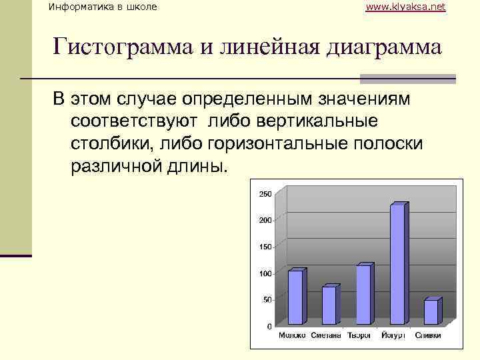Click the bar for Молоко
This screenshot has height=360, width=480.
tap(295, 297)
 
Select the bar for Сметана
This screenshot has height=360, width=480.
tap(329, 305)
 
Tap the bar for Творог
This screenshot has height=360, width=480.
tap(364, 295)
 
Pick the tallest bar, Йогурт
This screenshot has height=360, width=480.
tap(397, 264)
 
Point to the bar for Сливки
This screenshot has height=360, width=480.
tap(431, 312)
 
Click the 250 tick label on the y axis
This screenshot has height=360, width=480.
tap(265, 194)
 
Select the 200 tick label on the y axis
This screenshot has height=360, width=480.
tap(265, 220)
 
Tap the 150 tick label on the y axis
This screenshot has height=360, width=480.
tap(265, 247)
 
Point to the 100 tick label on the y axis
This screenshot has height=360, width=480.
tap(265, 273)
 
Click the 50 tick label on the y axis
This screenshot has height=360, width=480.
tap(267, 300)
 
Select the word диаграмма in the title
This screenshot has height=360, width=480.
tap(378, 47)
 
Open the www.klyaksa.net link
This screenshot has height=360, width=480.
tap(406, 7)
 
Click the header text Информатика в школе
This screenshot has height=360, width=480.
tap(103, 7)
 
